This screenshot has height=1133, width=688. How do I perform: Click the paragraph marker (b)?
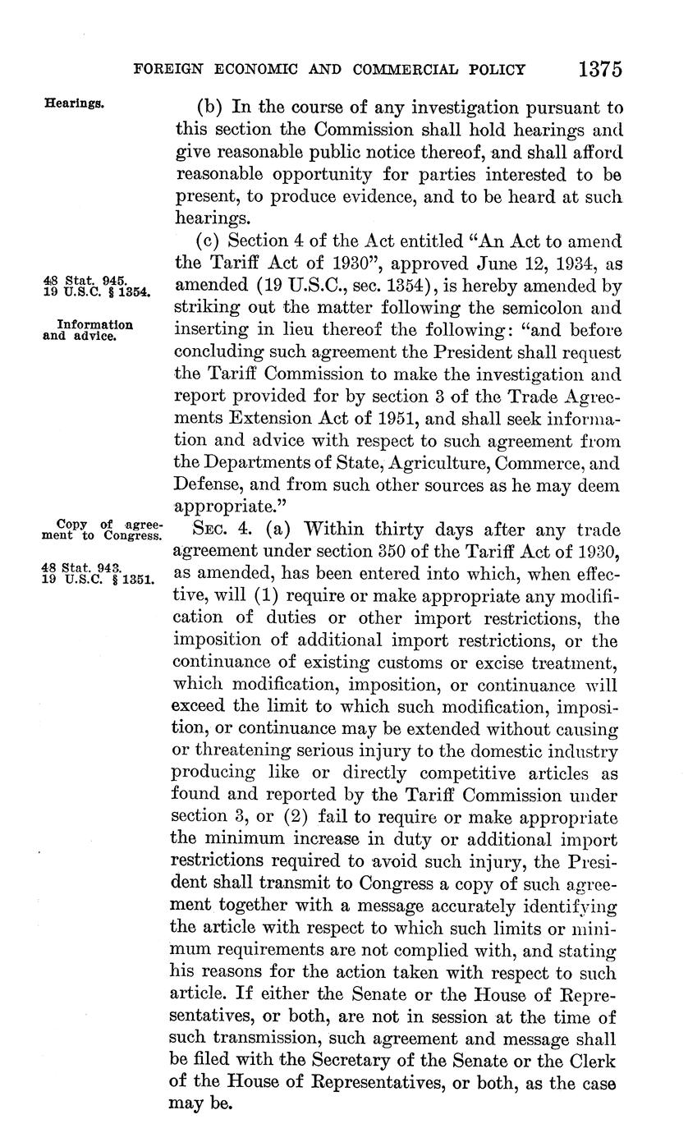[210, 108]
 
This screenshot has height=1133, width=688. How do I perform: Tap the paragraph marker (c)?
[209, 242]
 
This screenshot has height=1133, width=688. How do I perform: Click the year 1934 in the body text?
[571, 264]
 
